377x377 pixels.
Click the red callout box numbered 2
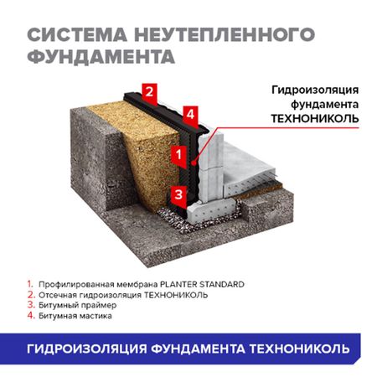click(148, 91)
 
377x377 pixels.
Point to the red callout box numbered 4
click(190, 113)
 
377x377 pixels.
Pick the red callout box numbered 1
click(178, 154)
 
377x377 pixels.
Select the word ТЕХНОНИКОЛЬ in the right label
click(315, 118)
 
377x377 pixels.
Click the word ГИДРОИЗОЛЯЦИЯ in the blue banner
click(85, 348)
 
